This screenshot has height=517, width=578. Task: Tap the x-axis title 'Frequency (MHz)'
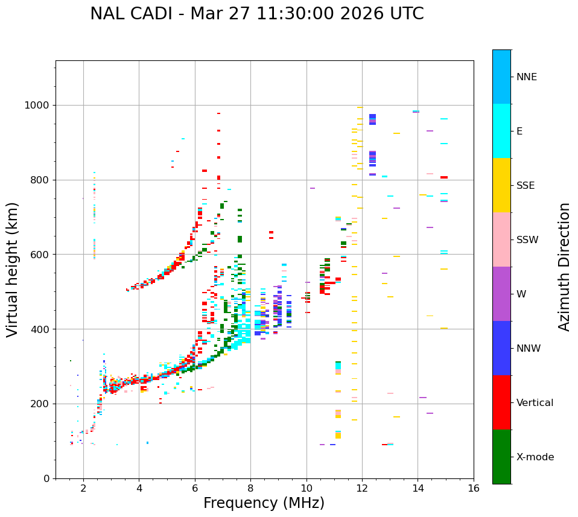coord(264,503)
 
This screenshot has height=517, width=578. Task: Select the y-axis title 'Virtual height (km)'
coord(13,269)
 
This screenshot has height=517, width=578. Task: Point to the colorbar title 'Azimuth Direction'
coord(564,267)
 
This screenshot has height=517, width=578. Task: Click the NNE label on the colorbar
coord(526,77)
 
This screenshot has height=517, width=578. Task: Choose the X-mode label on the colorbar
coord(535,457)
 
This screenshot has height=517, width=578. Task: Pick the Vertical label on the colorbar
coord(535,403)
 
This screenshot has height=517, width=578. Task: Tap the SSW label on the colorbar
coord(527,240)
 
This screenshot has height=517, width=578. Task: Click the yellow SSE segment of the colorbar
coord(501,185)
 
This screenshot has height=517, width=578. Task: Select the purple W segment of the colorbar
coord(501,294)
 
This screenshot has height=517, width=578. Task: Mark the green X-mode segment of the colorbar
coord(501,457)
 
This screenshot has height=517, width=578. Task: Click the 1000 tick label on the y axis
coord(37,106)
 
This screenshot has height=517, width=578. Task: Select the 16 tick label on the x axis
coord(474,488)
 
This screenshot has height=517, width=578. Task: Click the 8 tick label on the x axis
coord(250,488)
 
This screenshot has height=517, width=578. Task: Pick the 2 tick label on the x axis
coord(83,488)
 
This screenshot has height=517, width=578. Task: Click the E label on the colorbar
coord(519,132)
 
